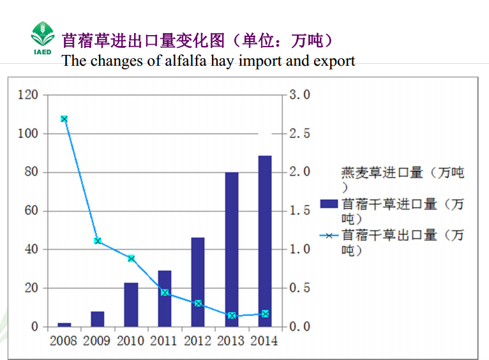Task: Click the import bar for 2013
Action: [231, 249]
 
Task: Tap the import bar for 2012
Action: [198, 281]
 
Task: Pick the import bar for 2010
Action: [131, 304]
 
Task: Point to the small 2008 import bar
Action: [64, 324]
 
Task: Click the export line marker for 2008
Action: [64, 119]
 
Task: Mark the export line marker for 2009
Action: [98, 241]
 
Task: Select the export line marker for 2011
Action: [165, 293]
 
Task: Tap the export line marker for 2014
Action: [265, 313]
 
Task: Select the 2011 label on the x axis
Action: [163, 341]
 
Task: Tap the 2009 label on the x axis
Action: [96, 341]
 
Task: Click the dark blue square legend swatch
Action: [328, 204]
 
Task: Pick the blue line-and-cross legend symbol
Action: [329, 236]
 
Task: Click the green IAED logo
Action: [43, 38]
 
